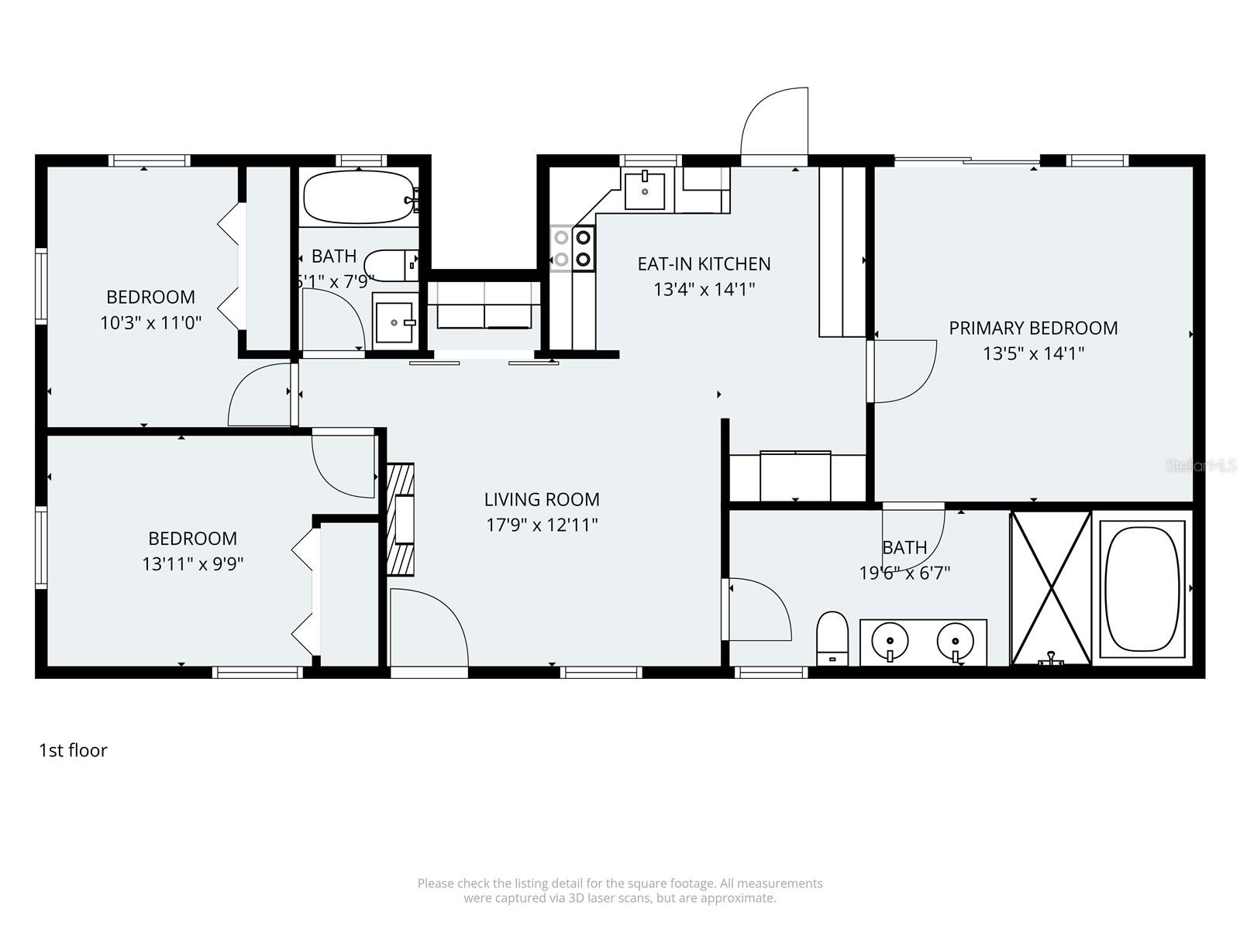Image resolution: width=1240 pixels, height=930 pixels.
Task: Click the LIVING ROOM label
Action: tap(542, 499)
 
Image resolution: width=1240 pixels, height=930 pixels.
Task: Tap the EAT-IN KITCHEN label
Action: tap(704, 263)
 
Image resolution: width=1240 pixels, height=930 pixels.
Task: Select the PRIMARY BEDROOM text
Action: tap(1033, 328)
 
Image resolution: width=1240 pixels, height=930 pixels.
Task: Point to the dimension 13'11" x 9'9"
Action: tap(193, 563)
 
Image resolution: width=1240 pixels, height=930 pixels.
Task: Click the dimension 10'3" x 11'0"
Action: tap(151, 322)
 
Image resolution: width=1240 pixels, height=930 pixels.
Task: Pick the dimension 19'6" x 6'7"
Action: tap(904, 573)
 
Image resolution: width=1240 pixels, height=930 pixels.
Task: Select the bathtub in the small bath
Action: tap(359, 197)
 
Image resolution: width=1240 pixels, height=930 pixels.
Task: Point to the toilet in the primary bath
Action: tap(833, 639)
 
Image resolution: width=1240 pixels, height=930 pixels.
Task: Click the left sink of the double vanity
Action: tap(890, 642)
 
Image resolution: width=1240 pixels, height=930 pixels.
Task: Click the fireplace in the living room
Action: tap(401, 518)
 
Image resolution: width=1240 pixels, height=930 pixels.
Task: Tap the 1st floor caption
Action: tap(73, 750)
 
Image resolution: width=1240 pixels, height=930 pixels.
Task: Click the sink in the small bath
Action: tap(395, 322)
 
